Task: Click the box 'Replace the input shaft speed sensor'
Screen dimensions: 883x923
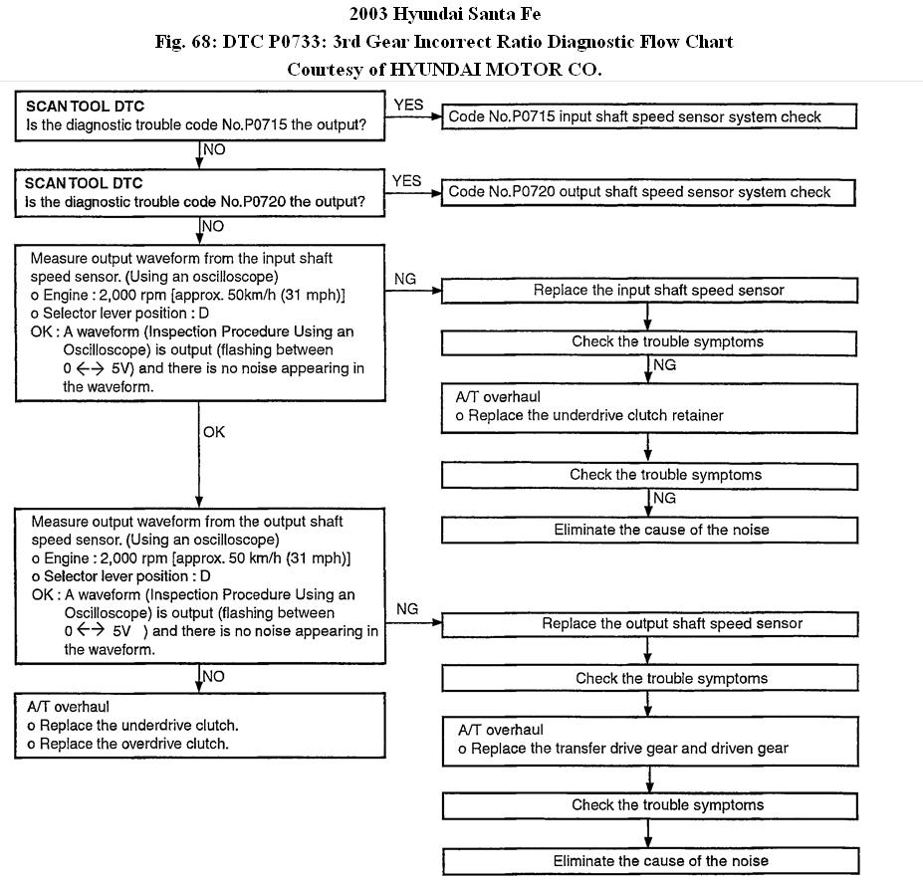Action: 648,291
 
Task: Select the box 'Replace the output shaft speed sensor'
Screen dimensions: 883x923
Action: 648,624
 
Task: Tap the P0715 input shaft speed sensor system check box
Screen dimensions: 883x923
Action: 648,116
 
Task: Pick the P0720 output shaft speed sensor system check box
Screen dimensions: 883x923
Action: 648,191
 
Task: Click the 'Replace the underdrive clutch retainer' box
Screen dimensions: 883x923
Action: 648,406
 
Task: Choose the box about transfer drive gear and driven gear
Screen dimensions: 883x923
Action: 648,740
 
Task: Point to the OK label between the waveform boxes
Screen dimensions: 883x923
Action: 214,432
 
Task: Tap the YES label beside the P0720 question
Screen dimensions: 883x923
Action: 407,180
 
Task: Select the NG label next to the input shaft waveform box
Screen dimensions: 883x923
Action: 405,279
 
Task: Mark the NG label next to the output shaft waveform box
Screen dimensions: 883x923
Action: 406,608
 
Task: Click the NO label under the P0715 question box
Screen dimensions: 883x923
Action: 214,149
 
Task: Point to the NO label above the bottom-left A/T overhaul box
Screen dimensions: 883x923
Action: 214,676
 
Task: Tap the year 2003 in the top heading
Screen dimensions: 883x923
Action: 371,14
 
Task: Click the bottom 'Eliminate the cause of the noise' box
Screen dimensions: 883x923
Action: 648,860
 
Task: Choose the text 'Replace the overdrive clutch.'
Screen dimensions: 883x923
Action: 132,744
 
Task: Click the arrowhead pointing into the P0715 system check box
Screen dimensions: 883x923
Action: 435,116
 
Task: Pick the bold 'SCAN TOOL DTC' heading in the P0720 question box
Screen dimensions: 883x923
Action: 84,183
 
